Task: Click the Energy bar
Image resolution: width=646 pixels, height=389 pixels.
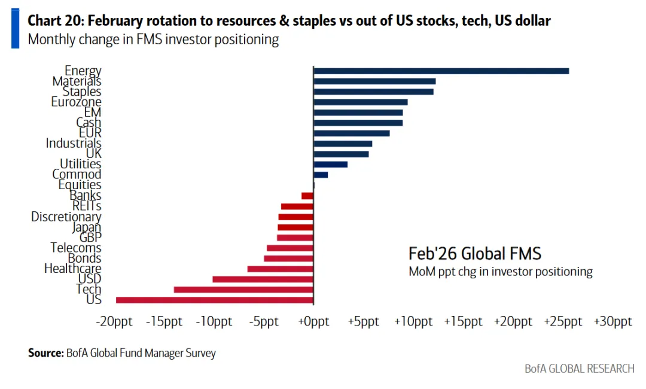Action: coord(441,71)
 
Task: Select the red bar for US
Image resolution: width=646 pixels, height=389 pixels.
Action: coord(215,300)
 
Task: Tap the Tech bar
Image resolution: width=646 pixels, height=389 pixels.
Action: coord(243,290)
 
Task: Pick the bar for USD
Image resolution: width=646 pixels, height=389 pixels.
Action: coord(263,279)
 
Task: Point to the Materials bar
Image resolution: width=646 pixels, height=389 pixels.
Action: coord(374,81)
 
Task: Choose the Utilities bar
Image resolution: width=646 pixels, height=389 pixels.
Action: coord(330,164)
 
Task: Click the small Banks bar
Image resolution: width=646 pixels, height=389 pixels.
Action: coord(307,196)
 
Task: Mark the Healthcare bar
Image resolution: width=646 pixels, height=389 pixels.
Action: coord(281,269)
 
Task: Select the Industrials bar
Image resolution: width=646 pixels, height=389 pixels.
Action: coord(343,144)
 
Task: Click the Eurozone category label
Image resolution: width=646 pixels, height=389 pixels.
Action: coord(76,102)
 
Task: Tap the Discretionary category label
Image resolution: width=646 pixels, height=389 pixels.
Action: coord(66,217)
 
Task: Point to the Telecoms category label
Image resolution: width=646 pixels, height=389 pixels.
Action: coord(76,248)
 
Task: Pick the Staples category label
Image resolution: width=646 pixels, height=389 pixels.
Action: coord(82,92)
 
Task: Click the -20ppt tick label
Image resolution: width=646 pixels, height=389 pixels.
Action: coord(115,322)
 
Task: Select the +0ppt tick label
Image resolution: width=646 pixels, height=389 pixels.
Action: coord(313,322)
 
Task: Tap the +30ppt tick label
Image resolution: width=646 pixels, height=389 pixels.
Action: coord(612,322)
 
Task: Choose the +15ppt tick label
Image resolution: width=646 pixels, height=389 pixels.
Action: coord(463,322)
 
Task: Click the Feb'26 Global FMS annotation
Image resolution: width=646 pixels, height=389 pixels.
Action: coord(474,253)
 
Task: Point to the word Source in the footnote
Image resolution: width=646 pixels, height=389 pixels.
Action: coord(45,353)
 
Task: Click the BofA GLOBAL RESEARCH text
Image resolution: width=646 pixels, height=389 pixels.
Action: coord(579,369)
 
